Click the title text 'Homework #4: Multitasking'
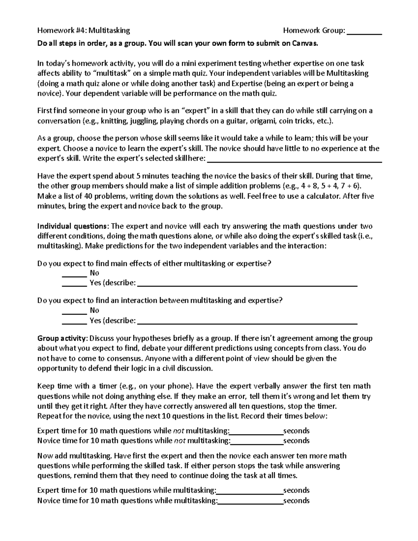tap(84, 31)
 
